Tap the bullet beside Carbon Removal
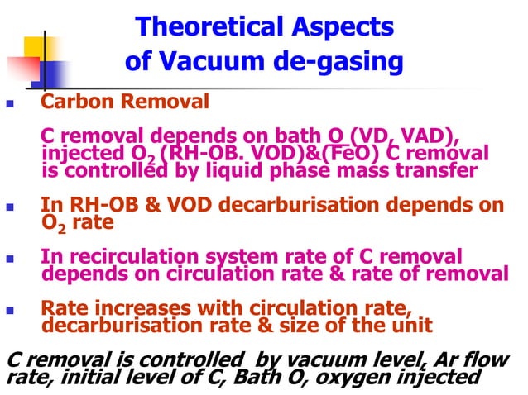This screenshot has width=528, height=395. coord(10,106)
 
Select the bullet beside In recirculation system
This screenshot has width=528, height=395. coord(10,259)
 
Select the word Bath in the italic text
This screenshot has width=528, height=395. coord(249,378)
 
